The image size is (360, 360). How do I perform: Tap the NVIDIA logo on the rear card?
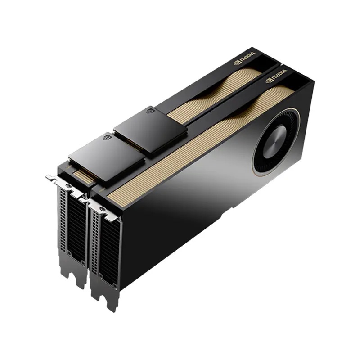(x=244, y=58)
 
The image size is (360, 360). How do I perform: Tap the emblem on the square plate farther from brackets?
(x=151, y=112)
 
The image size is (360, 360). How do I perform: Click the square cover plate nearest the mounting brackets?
(x=107, y=161)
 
